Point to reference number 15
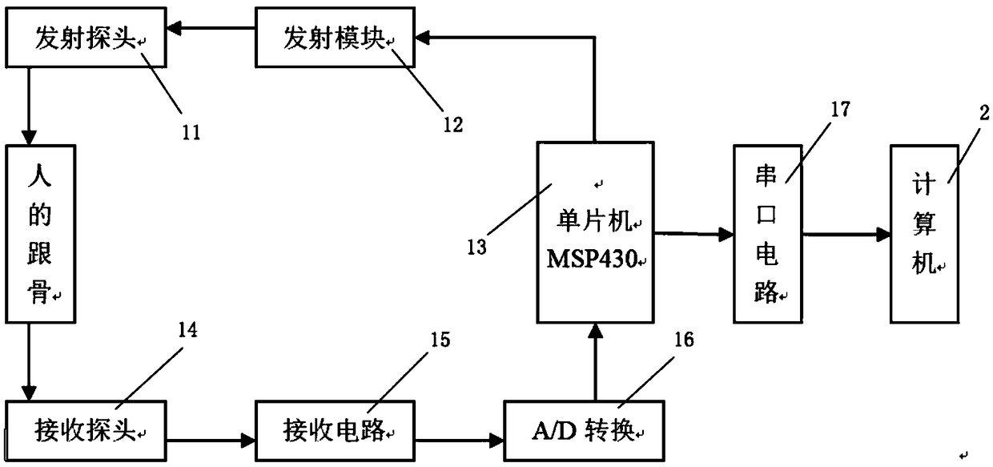point(440,340)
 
